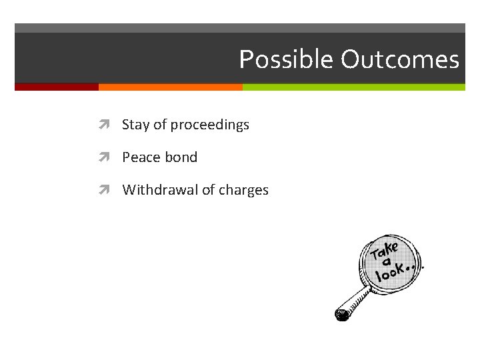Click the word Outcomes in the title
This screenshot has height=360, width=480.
400,60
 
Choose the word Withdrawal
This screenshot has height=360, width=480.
160,190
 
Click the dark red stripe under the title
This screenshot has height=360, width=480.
57,87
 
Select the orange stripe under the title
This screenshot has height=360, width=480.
170,87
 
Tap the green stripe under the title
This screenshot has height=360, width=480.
353,87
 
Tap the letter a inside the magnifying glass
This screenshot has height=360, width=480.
386,262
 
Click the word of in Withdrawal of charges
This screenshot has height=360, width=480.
209,190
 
